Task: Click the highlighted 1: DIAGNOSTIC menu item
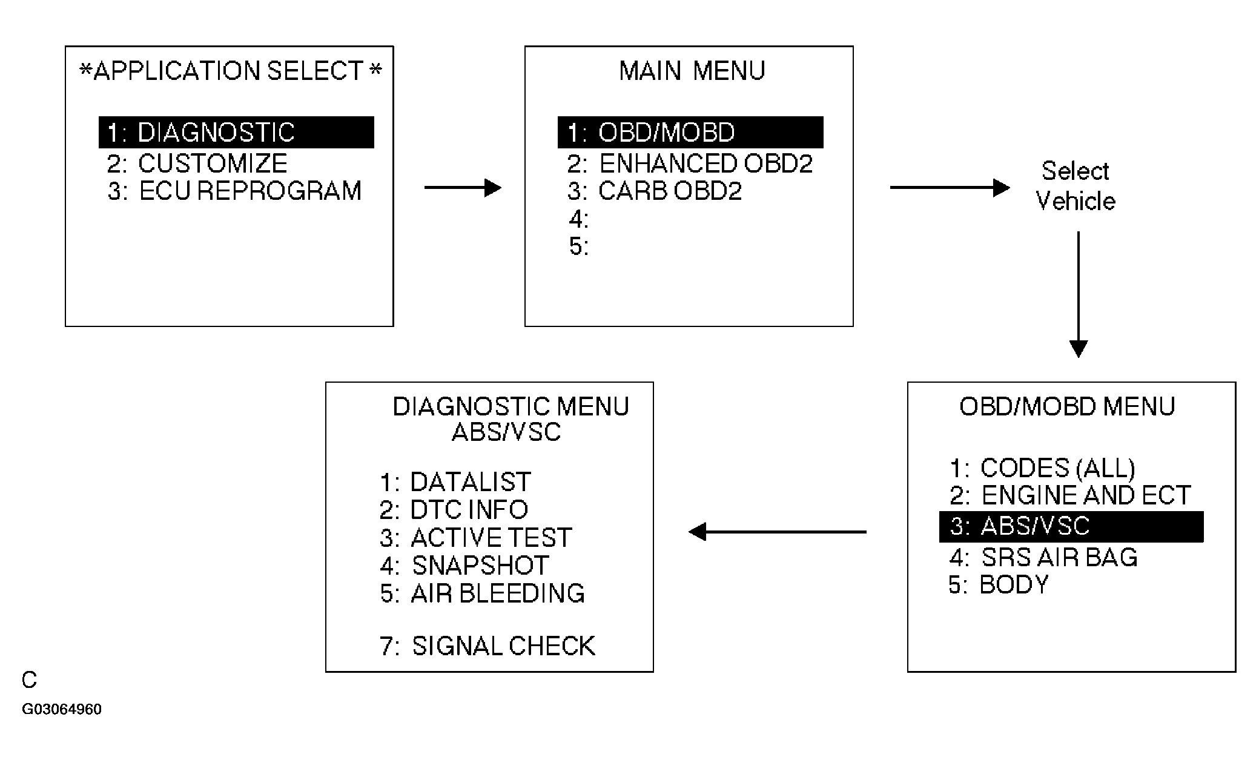[236, 133]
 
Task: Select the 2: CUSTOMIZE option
[197, 164]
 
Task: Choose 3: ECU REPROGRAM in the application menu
[235, 191]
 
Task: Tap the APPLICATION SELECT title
[231, 71]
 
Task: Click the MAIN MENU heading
[692, 71]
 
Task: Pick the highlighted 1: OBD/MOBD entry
[690, 133]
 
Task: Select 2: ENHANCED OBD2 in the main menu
[690, 164]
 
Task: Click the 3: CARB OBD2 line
[655, 191]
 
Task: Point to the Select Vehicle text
[1076, 186]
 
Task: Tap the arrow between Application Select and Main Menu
[463, 188]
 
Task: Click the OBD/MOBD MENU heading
[1067, 406]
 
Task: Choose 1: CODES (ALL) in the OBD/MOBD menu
[1042, 468]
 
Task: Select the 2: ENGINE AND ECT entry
[1070, 495]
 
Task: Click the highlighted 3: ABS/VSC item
[1071, 526]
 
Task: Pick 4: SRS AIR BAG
[1043, 557]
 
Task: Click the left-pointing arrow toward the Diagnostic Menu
[778, 532]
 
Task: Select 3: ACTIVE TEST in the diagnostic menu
[476, 537]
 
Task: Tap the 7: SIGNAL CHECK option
[487, 646]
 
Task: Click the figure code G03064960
[62, 709]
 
